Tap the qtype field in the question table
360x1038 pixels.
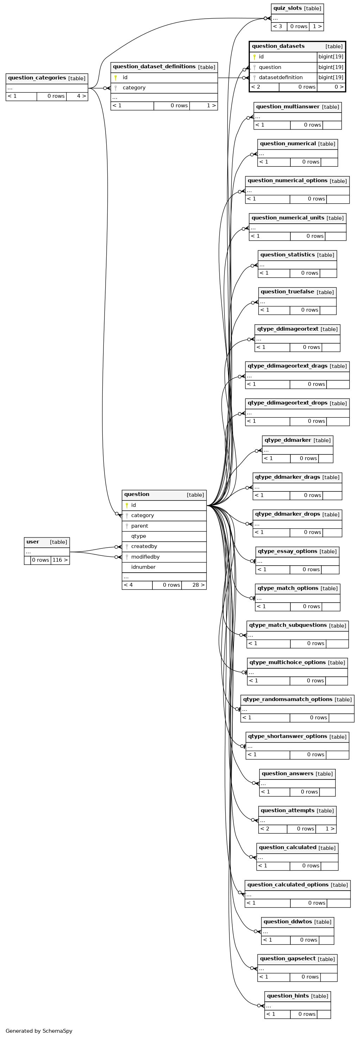click(139, 536)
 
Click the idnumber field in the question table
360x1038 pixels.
click(143, 567)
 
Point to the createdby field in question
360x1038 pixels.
click(144, 546)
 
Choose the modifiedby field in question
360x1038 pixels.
click(145, 557)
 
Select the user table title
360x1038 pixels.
click(33, 542)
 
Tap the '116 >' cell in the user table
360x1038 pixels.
click(60, 560)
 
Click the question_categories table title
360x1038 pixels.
click(37, 78)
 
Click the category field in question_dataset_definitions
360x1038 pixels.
click(134, 88)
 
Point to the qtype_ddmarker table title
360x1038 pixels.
click(288, 440)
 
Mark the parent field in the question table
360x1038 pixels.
click(139, 526)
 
